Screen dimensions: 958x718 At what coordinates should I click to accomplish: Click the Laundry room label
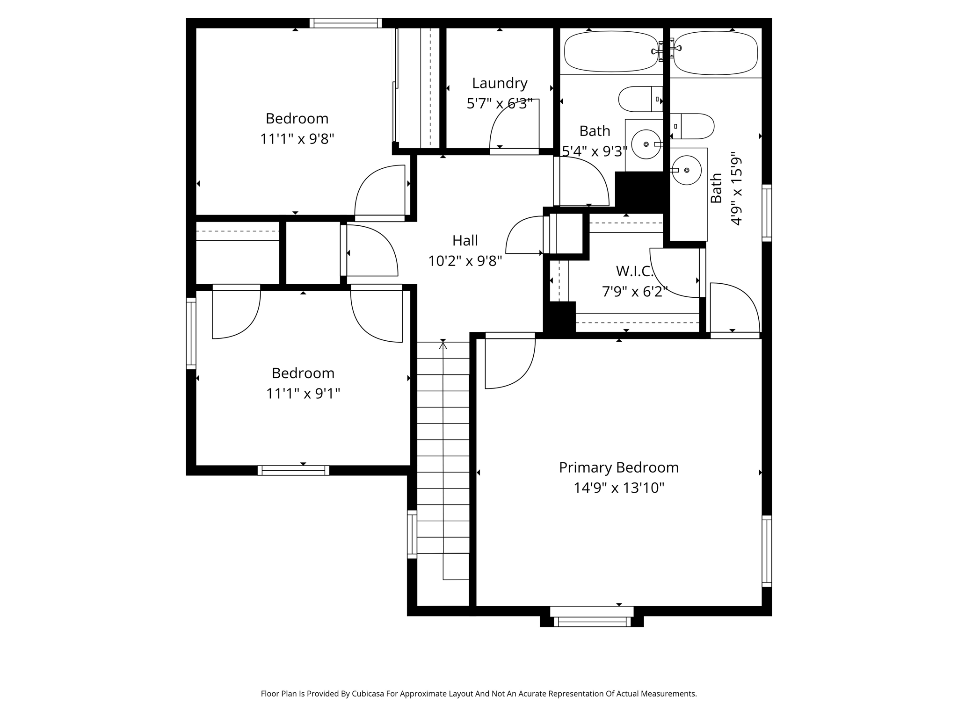tap(500, 83)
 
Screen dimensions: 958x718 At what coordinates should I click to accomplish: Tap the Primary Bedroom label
tap(618, 467)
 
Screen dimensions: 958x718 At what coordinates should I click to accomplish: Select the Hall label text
tap(465, 240)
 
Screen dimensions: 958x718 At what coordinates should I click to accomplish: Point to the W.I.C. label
tap(634, 271)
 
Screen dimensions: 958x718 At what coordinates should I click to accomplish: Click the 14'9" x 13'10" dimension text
tap(619, 488)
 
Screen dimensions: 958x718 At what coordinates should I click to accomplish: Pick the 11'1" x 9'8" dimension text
tap(297, 139)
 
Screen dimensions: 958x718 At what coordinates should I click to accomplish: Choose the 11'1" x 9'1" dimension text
tap(303, 394)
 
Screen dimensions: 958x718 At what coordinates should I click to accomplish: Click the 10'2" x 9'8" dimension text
tap(465, 261)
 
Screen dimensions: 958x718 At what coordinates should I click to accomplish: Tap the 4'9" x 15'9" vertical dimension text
tap(736, 188)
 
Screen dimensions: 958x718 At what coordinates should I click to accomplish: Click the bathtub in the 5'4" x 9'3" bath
tap(611, 51)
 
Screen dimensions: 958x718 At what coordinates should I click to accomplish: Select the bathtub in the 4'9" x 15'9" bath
tap(716, 53)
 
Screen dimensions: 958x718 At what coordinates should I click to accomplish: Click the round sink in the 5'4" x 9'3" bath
tap(646, 144)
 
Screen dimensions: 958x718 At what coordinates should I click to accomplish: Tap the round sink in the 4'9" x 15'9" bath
tap(687, 170)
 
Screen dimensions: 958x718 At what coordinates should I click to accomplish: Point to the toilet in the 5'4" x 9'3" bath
tap(640, 99)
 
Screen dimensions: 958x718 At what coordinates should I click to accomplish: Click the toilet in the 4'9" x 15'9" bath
tap(692, 126)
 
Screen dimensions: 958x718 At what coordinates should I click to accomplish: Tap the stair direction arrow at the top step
tap(443, 345)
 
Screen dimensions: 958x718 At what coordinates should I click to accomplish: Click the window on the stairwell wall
tap(412, 534)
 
